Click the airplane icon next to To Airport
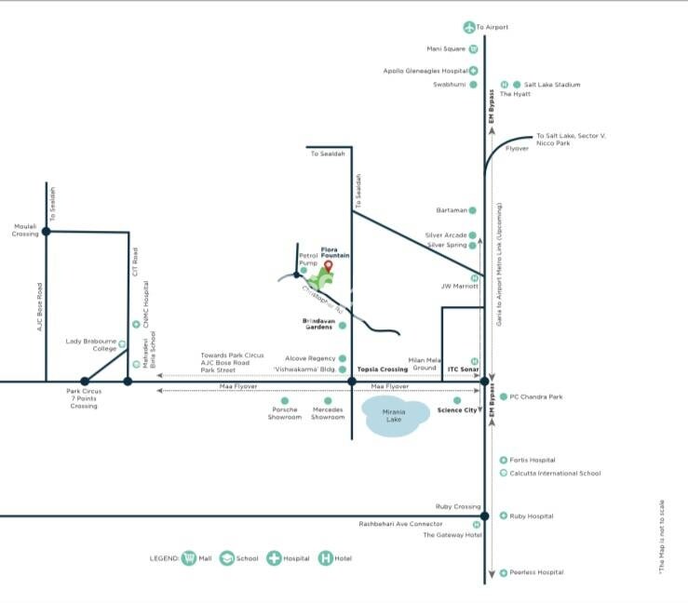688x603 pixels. pyautogui.click(x=468, y=27)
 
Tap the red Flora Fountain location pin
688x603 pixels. pyautogui.click(x=328, y=266)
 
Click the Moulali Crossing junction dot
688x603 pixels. pyautogui.click(x=46, y=231)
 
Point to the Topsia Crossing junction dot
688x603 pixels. pyautogui.click(x=352, y=382)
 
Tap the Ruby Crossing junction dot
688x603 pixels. pyautogui.click(x=484, y=516)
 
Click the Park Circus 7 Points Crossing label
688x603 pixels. pyautogui.click(x=84, y=398)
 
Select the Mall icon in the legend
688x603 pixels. pyautogui.click(x=189, y=558)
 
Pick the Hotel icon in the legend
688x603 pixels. pyautogui.click(x=326, y=558)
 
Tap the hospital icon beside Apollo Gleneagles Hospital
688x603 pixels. pyautogui.click(x=473, y=71)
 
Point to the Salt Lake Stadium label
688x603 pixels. pyautogui.click(x=552, y=85)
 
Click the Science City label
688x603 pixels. pyautogui.click(x=457, y=409)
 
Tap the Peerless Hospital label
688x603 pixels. pyautogui.click(x=537, y=572)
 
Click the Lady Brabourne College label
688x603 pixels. pyautogui.click(x=91, y=345)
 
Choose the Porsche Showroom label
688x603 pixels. pyautogui.click(x=286, y=413)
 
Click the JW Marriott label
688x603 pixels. pyautogui.click(x=459, y=287)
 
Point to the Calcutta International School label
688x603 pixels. pyautogui.click(x=555, y=473)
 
